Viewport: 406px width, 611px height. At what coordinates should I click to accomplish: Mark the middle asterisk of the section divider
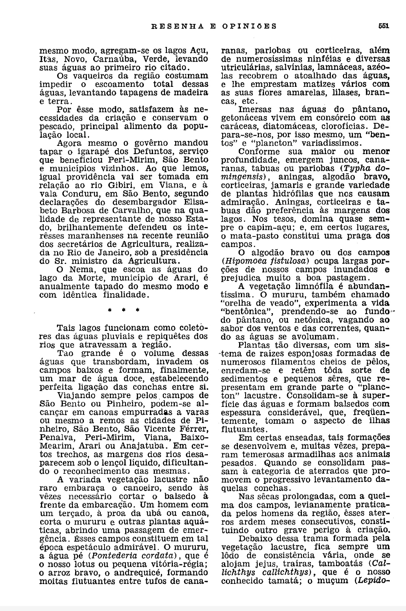[x=123, y=311]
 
